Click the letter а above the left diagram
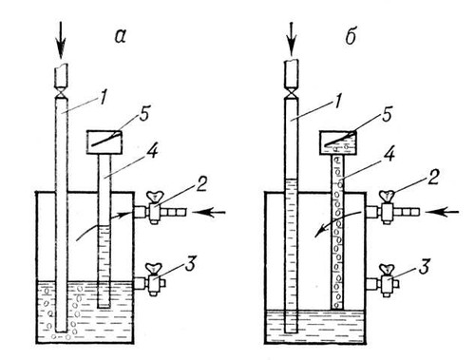[x=121, y=37]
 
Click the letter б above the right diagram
[x=351, y=37]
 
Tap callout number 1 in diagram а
[x=103, y=97]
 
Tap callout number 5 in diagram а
[x=144, y=115]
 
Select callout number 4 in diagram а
[x=152, y=152]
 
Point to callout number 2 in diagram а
[x=200, y=183]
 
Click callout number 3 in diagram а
[x=190, y=262]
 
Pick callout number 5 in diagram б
[x=387, y=115]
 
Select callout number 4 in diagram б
[x=389, y=155]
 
